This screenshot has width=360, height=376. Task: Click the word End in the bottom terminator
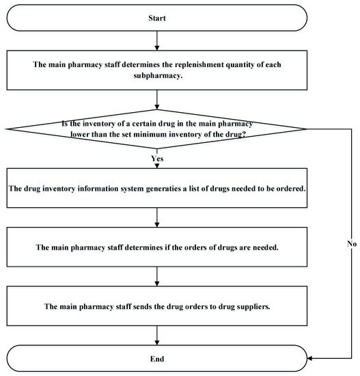[x=158, y=358]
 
